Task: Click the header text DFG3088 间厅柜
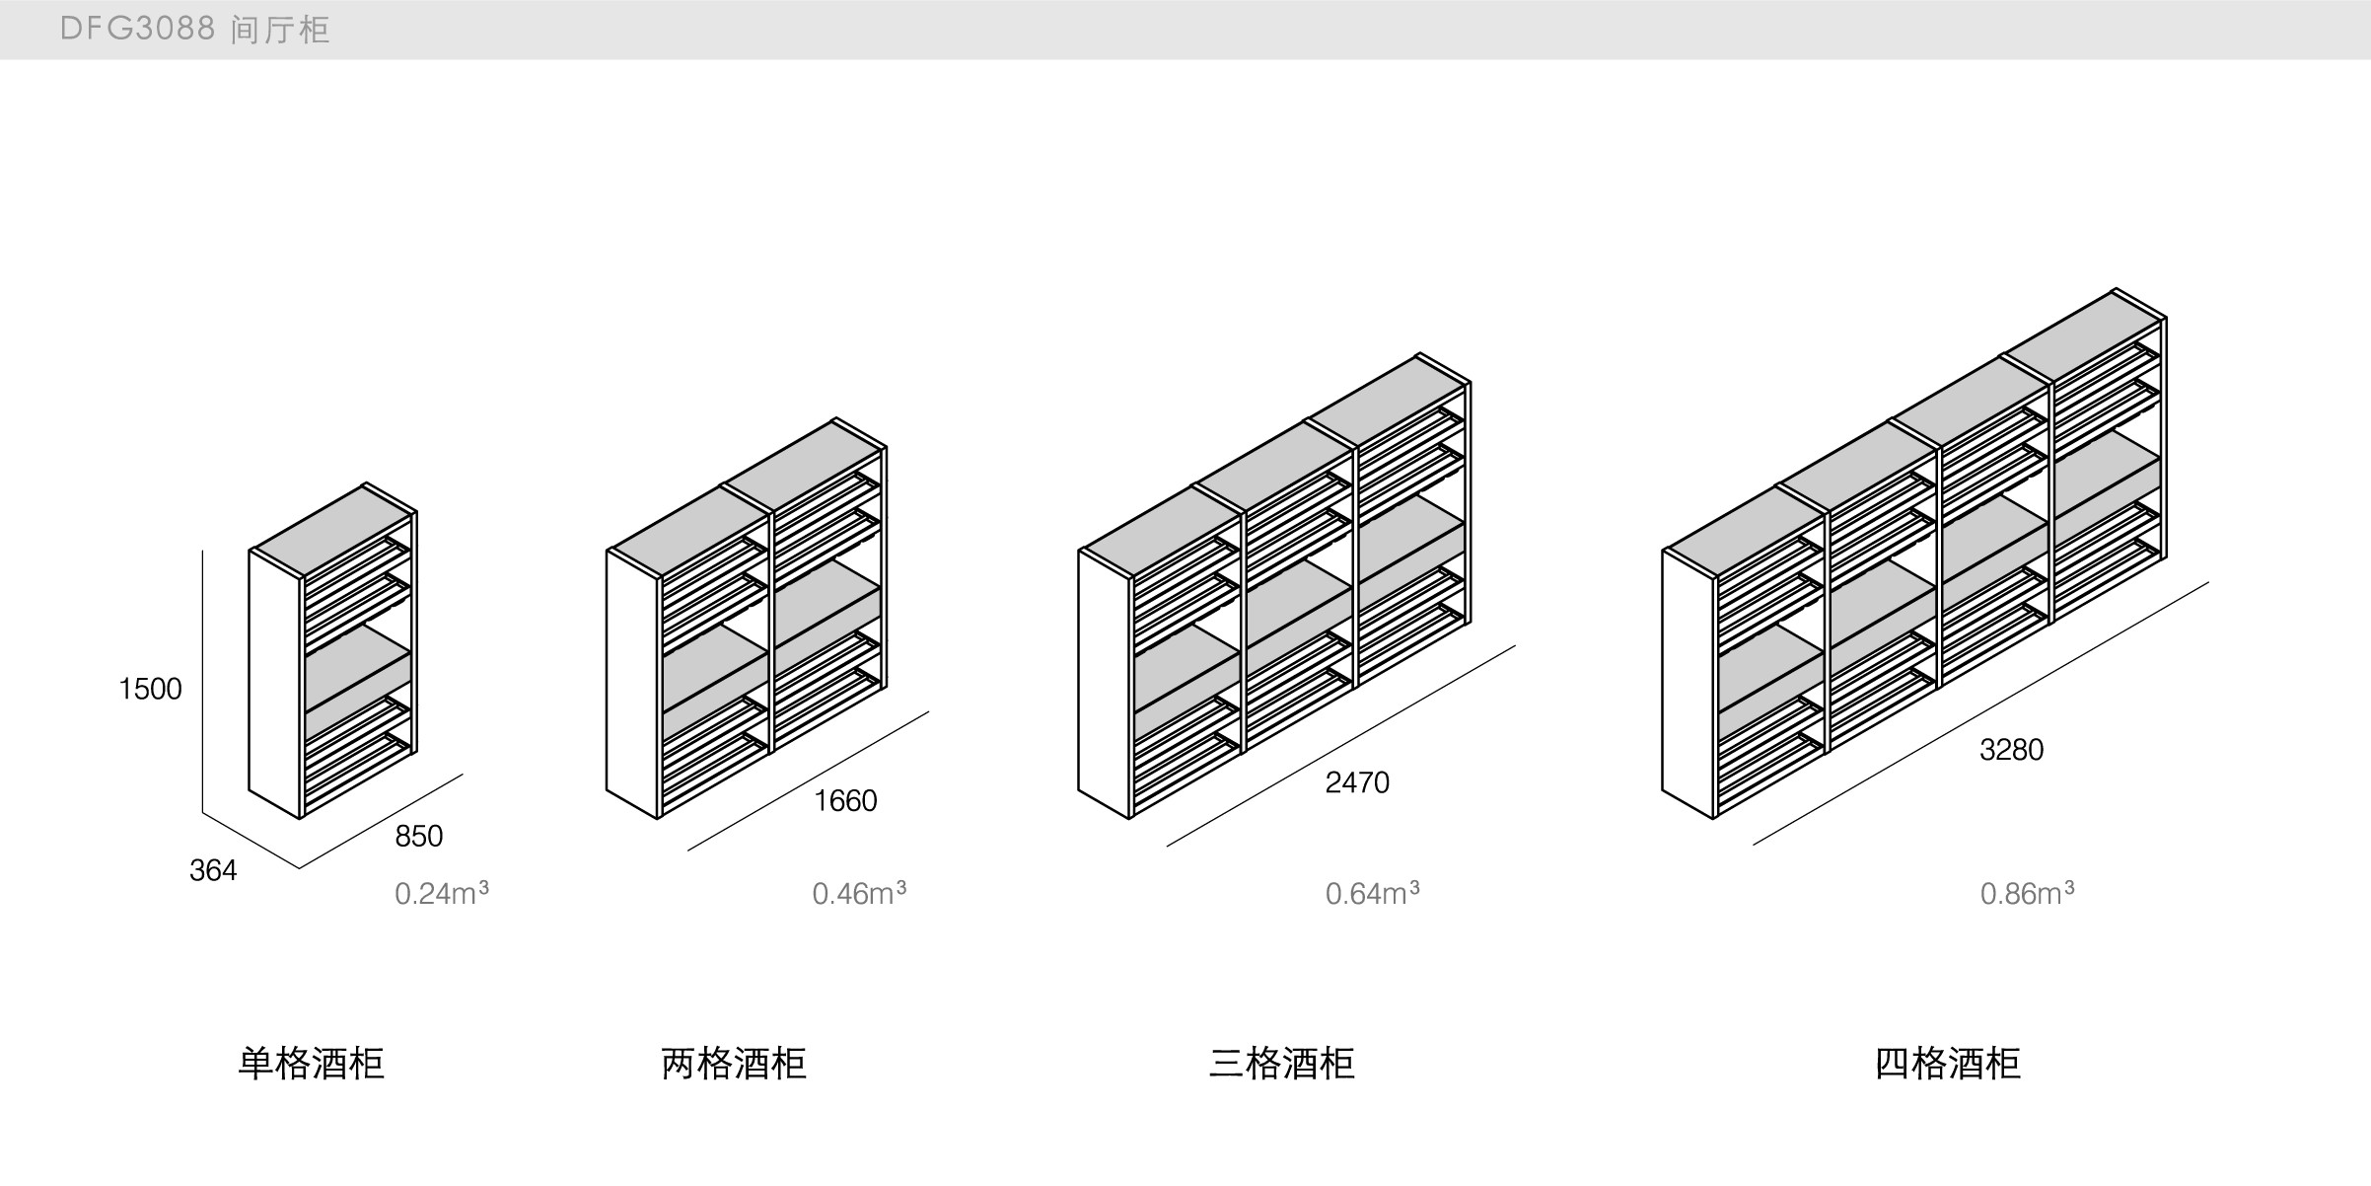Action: tap(194, 30)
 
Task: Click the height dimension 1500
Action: tap(150, 689)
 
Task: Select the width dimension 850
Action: tap(418, 837)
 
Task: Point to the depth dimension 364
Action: tap(213, 870)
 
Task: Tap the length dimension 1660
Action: tap(845, 800)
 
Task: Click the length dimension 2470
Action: tap(1357, 782)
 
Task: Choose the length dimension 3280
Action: tap(2011, 750)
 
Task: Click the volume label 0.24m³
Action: tap(441, 893)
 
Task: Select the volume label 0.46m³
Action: tap(858, 893)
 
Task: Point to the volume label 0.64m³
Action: tap(1372, 893)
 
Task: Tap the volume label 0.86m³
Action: tap(2027, 893)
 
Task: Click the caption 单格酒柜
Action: tap(311, 1063)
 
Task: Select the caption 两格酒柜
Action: tap(734, 1063)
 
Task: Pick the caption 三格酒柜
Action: tap(1281, 1063)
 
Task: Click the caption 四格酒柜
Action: tap(1947, 1063)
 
